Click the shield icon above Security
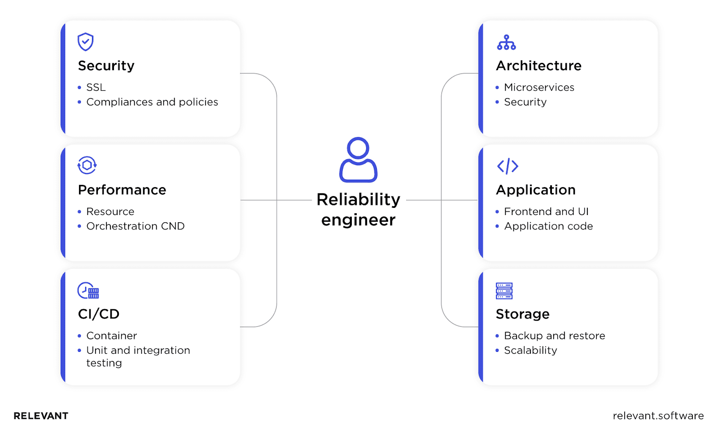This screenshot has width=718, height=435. click(85, 42)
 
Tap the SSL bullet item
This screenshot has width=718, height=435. click(96, 87)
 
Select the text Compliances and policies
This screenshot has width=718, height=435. click(152, 102)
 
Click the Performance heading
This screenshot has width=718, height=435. click(122, 190)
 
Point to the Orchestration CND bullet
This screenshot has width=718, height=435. click(135, 226)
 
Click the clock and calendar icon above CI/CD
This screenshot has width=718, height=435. click(88, 290)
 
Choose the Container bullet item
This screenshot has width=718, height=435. click(111, 335)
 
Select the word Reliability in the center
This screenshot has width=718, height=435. click(358, 199)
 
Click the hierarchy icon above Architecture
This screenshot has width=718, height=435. click(506, 42)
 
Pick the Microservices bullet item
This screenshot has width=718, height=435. click(539, 87)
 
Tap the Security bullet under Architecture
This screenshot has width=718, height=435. click(525, 102)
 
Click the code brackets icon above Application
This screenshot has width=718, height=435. click(508, 166)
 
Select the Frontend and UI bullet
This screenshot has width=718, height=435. click(546, 211)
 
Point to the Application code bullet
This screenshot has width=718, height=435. click(548, 226)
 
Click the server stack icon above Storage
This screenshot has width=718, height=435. click(504, 290)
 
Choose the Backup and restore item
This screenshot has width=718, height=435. click(554, 335)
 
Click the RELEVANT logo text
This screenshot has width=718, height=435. click(41, 416)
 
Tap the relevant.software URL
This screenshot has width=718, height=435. click(658, 416)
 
